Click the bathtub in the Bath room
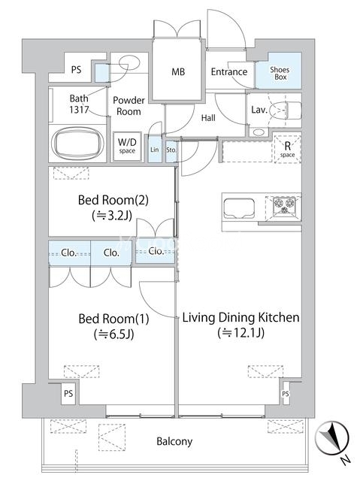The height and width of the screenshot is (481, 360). pyautogui.click(x=77, y=143)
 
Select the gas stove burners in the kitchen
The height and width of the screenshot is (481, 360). pyautogui.click(x=284, y=204)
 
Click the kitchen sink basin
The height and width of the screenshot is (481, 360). pyautogui.click(x=239, y=208)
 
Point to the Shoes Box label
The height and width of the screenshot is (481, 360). pyautogui.click(x=280, y=74)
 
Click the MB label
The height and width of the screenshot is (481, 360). pyautogui.click(x=178, y=72)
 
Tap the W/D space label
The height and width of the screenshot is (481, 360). pyautogui.click(x=127, y=145)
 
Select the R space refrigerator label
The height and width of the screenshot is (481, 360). pyautogui.click(x=287, y=150)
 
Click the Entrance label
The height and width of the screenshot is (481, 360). pyautogui.click(x=229, y=72)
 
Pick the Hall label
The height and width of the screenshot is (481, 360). pyautogui.click(x=208, y=118)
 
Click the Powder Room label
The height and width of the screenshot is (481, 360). pyautogui.click(x=129, y=106)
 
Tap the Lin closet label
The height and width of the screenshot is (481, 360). pyautogui.click(x=155, y=150)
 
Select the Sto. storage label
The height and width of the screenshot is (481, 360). pyautogui.click(x=171, y=150)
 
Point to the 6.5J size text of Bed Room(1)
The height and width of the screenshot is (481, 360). pyautogui.click(x=114, y=334)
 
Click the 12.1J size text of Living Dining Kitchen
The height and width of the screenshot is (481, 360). pyautogui.click(x=241, y=332)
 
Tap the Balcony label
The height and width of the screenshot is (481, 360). pyautogui.click(x=174, y=441)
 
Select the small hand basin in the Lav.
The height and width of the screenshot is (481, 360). pyautogui.click(x=259, y=132)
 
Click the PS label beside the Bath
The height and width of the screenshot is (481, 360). pyautogui.click(x=76, y=70)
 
